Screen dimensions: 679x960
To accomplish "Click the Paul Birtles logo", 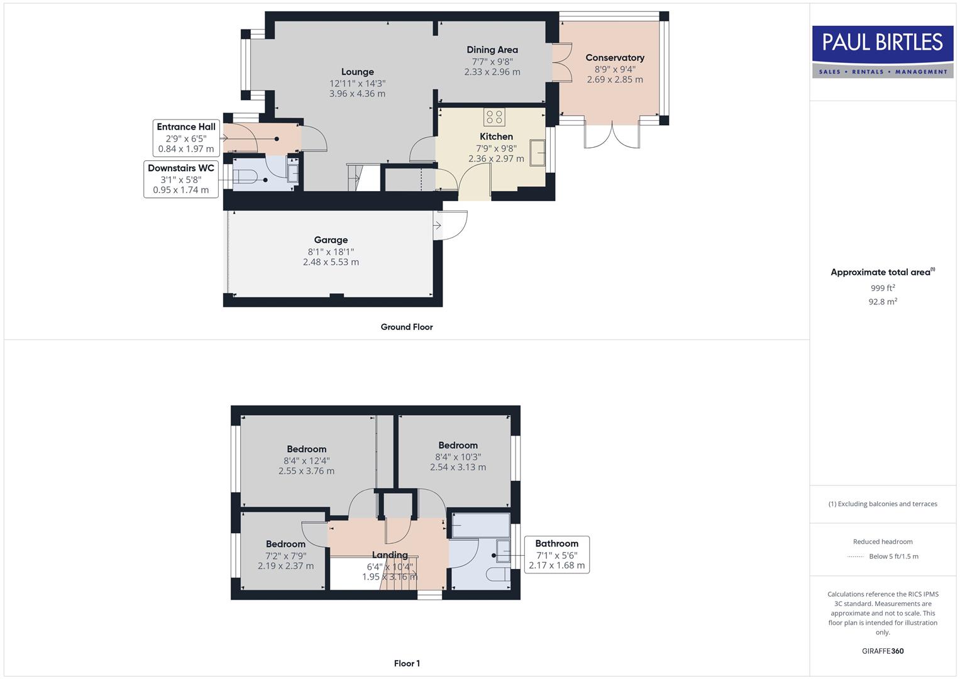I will click(x=882, y=52).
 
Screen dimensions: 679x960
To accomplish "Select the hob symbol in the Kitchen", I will click(x=494, y=117).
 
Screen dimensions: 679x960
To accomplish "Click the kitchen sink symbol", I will click(x=537, y=153).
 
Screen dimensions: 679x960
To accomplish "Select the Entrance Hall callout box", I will click(x=185, y=138).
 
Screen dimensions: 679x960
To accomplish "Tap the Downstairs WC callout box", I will click(x=181, y=179).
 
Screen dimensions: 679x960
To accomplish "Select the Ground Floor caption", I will click(x=406, y=327).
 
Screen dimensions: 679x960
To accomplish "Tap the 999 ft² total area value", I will click(x=882, y=288).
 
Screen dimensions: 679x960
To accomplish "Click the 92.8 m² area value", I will click(x=882, y=302).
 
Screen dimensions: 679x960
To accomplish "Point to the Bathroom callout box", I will click(x=556, y=554).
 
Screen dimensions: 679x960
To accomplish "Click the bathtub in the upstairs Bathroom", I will click(x=480, y=526).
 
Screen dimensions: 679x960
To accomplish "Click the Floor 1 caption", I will click(x=406, y=663).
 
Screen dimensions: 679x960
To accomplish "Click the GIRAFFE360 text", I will click(x=882, y=651).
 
